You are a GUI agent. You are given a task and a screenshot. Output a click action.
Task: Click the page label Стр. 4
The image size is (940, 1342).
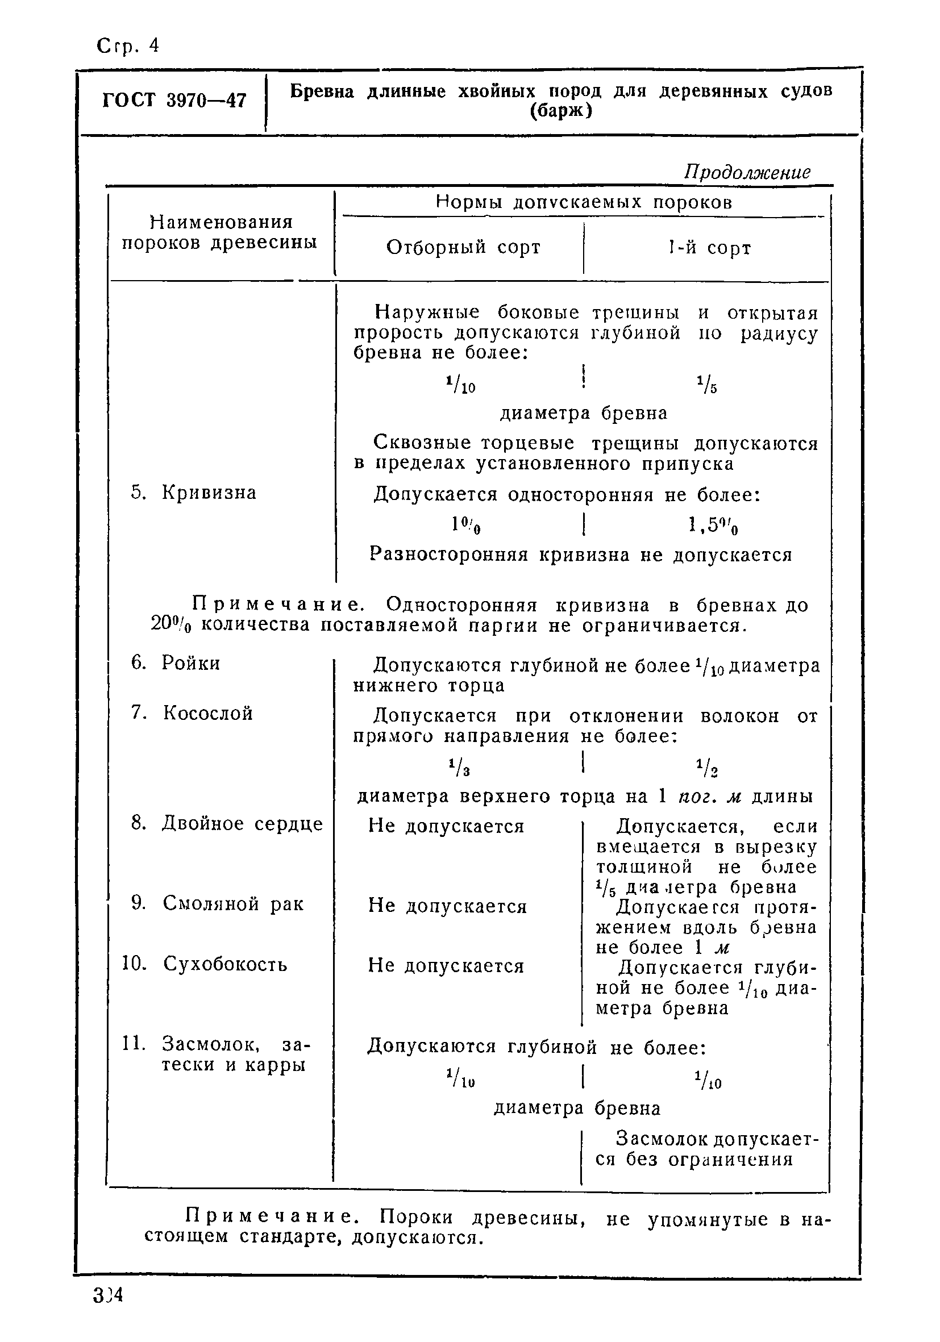pos(127,45)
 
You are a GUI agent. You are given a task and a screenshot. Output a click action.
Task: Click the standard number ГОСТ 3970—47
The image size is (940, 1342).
pos(174,101)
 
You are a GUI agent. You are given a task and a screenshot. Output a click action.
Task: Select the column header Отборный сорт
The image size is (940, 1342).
pos(463,247)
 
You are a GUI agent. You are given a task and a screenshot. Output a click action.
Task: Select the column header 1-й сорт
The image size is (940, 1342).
pos(709,248)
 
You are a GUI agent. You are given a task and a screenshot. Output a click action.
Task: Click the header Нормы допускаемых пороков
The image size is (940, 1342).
pos(584,202)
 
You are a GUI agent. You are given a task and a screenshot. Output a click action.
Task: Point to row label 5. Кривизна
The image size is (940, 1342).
pos(193,493)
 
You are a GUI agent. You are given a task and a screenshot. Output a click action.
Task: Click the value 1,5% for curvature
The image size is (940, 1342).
pos(713,526)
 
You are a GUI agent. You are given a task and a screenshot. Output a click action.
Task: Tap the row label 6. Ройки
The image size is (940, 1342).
pos(176,663)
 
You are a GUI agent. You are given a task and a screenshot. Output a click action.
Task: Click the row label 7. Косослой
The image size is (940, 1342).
pos(192,713)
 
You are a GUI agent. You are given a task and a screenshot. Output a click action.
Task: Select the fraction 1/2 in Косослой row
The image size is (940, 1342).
pos(708,768)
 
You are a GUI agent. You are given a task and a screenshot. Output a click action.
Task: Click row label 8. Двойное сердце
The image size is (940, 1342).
pos(227,824)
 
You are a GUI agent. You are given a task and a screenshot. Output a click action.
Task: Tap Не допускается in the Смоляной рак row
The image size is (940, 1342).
pos(447,907)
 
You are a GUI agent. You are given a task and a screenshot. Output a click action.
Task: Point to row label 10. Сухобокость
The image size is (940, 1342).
pos(205,963)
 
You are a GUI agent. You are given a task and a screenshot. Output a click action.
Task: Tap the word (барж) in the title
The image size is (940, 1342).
pos(560,110)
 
